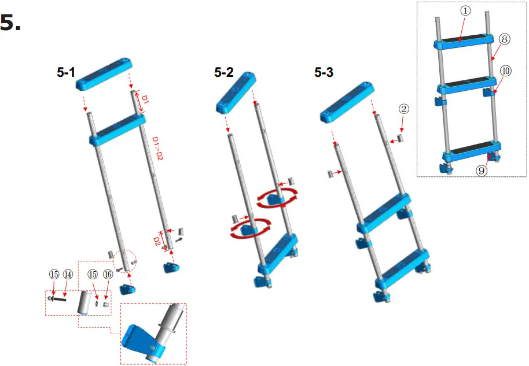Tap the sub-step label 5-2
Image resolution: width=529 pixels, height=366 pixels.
coord(225,73)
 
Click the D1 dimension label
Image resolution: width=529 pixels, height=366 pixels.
coord(145,102)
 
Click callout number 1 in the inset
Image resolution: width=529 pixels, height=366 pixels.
coord(466,11)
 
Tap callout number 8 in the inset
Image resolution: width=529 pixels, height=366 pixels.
coord(504,39)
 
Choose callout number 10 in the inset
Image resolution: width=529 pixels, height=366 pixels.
coord(506,71)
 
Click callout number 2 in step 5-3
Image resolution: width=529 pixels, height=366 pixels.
coord(403,108)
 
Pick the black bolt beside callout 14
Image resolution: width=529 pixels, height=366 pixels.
coord(58,300)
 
